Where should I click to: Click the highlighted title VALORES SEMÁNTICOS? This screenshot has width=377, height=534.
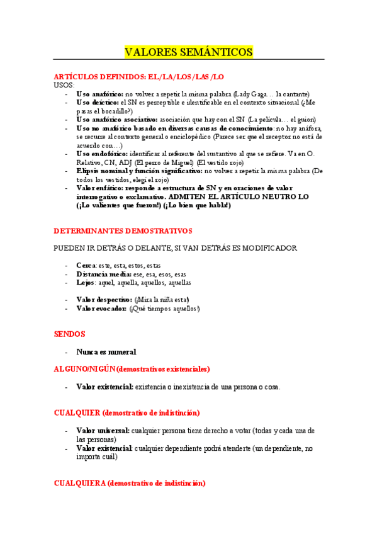tap(189, 52)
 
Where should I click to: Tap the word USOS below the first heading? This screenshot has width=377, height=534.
tap(64, 85)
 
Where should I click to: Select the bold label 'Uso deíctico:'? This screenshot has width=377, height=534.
tap(97, 102)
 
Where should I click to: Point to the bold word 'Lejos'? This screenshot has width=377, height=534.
tap(86, 283)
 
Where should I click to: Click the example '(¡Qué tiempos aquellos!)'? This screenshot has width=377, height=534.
tap(165, 308)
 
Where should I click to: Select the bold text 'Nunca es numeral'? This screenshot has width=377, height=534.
tap(106, 352)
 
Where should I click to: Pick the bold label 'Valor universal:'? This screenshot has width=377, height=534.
tap(103, 430)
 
